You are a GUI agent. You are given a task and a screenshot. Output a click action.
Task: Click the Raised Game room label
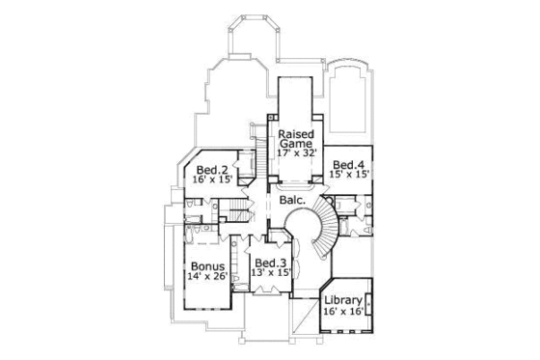294,140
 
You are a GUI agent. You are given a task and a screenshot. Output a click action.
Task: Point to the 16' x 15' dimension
210,180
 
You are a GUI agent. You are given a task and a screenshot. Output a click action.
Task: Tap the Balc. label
293,201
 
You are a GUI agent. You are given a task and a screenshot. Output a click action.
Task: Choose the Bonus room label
207,265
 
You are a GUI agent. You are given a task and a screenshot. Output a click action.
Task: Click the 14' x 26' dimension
207,277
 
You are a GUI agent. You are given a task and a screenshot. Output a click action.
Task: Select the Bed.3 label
271,262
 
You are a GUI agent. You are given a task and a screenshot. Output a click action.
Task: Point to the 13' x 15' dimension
271,273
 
